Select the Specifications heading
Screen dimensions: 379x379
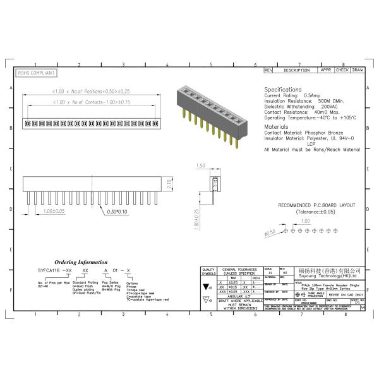tap(283, 90)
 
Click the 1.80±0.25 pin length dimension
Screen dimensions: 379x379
tap(196, 220)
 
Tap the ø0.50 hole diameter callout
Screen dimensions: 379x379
tap(270, 233)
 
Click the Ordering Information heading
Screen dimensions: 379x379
tap(81, 261)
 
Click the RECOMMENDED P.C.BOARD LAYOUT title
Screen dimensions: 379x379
tap(316, 206)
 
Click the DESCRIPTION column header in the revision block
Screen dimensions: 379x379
tap(296, 70)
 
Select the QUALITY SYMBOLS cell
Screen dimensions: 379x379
tap(208, 271)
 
